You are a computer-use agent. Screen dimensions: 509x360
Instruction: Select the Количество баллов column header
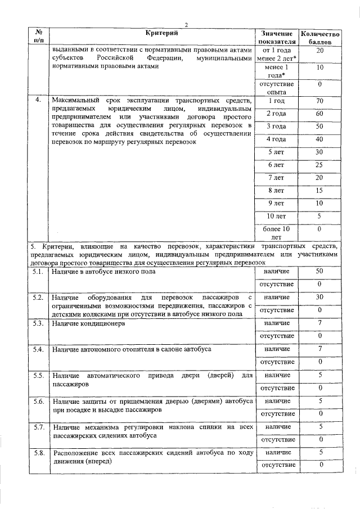pos(320,38)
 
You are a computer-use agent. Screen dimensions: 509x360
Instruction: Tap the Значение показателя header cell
pos(276,38)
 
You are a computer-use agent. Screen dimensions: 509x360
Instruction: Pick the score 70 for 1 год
pos(320,101)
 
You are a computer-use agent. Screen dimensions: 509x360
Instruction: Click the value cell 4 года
pos(276,139)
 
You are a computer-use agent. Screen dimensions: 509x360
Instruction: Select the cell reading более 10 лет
pos(276,233)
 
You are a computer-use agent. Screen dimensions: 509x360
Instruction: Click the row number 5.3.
pos(38,324)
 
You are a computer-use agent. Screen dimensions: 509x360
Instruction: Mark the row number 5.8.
pos(38,453)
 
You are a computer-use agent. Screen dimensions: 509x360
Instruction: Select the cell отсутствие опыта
pos(276,87)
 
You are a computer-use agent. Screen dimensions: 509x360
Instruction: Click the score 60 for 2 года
pos(320,114)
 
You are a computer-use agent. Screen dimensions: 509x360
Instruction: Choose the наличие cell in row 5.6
pos(276,401)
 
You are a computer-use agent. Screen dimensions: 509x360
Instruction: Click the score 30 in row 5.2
pos(320,297)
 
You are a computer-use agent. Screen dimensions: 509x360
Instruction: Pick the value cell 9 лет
pos(276,202)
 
